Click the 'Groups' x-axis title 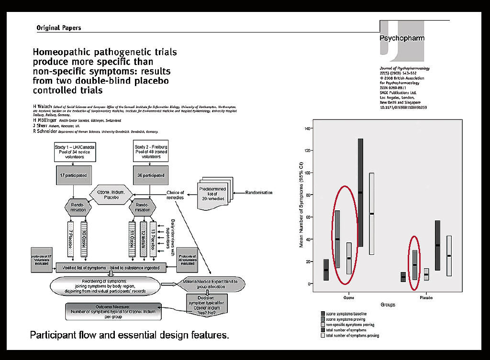(x=388, y=305)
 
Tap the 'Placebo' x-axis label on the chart (x=426, y=297)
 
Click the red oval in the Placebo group (x=414, y=262)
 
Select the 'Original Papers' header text (x=59, y=28)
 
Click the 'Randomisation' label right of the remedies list (x=259, y=193)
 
